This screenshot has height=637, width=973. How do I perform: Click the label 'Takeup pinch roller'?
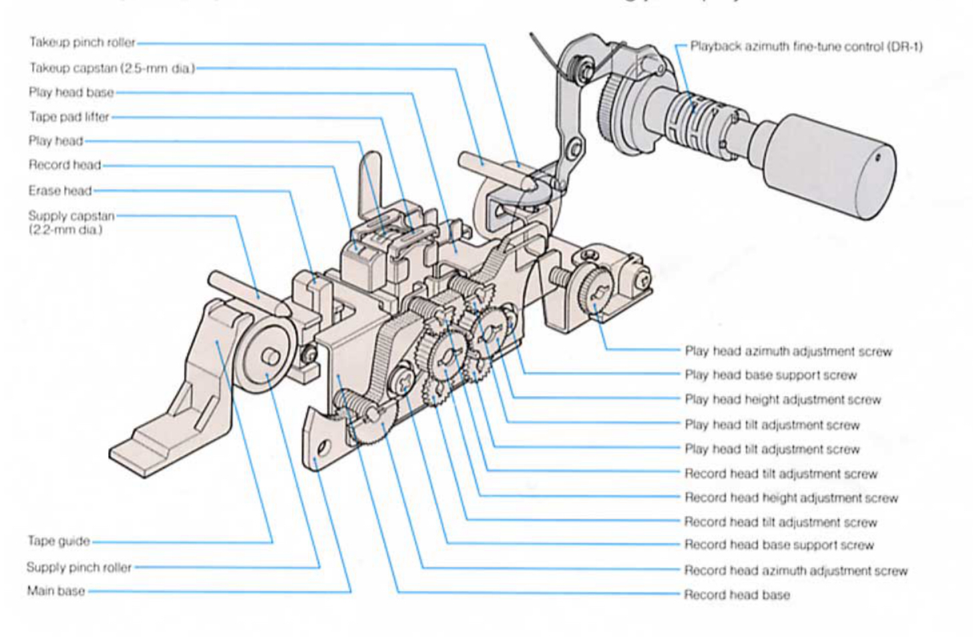tap(82, 43)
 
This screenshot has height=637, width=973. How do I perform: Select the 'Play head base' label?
tap(71, 92)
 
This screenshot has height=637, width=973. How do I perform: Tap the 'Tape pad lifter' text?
tap(69, 117)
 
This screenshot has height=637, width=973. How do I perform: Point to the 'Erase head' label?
tap(60, 191)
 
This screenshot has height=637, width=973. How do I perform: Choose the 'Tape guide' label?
tap(59, 541)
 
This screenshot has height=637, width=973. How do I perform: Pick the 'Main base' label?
tap(56, 591)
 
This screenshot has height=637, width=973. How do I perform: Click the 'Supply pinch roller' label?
tap(79, 567)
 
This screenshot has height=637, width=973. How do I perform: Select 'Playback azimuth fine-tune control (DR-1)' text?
tap(806, 47)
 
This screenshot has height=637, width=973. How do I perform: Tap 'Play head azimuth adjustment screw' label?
tap(788, 351)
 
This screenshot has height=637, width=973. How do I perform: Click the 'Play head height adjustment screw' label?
tap(783, 400)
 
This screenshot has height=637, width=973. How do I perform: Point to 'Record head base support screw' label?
tap(779, 545)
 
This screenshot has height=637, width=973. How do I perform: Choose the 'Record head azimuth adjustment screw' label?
tap(795, 571)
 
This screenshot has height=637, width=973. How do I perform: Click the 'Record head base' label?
tap(737, 594)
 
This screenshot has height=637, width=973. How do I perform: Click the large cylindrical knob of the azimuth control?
tap(831, 167)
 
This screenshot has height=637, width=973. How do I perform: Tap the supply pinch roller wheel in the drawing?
tap(265, 361)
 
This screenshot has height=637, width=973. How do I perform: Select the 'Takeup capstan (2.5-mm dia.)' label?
tap(112, 68)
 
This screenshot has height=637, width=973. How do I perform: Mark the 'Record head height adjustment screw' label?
tap(791, 497)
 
